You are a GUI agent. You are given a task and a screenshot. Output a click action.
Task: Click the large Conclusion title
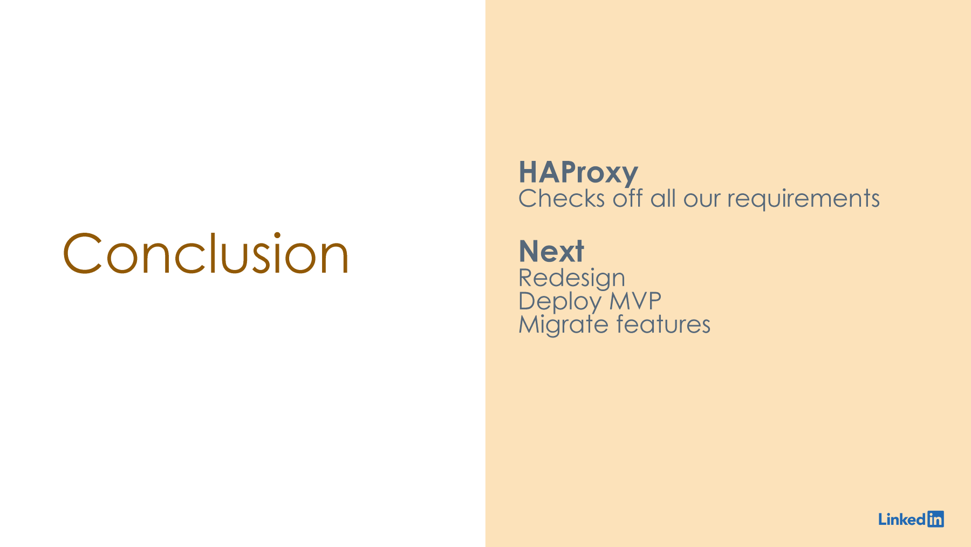(x=206, y=253)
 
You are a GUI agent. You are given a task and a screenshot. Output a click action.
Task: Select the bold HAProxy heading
(x=578, y=173)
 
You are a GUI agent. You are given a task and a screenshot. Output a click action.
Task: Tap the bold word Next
(x=551, y=251)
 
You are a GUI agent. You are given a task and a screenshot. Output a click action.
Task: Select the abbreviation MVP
(x=635, y=301)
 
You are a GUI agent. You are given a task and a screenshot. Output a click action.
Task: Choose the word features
(x=663, y=325)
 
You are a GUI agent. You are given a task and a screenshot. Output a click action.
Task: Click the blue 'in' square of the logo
(x=935, y=519)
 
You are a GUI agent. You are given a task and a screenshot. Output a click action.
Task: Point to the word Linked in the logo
(x=902, y=519)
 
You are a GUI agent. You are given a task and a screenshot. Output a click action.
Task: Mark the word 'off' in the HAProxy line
(x=627, y=198)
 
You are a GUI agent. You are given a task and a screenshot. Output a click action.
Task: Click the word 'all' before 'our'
(x=663, y=198)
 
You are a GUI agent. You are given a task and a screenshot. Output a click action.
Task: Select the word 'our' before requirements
(x=702, y=201)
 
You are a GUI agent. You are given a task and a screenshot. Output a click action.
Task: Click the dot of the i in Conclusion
(x=277, y=236)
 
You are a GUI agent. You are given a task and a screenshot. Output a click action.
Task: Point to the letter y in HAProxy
(x=629, y=177)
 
